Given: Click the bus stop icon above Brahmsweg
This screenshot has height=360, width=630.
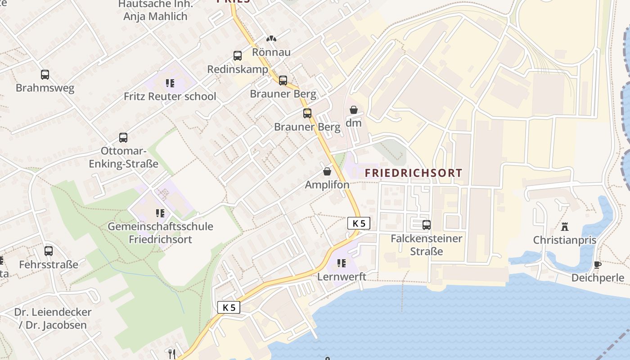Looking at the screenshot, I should tap(45, 75).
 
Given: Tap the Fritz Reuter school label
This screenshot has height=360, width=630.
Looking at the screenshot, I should tap(170, 96).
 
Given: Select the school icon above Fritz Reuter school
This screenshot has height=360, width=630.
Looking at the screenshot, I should tap(170, 83).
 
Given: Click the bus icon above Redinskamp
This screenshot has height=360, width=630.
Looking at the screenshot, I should tap(238, 56).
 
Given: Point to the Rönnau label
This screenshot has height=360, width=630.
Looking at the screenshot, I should tap(271, 52).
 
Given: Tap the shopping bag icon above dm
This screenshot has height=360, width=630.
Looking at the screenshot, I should tap(354, 110).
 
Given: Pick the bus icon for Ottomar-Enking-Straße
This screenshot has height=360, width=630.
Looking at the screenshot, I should tap(123, 138).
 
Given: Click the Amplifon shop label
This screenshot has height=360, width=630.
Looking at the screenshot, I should tap(327, 184).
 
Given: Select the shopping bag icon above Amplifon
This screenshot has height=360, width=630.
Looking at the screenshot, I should tap(327, 171).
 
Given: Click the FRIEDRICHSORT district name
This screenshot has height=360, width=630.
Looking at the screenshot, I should tap(413, 173).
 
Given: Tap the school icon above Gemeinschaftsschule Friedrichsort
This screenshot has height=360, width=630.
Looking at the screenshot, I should tap(160, 213).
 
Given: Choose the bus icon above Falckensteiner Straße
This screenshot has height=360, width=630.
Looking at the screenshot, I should tap(426, 225).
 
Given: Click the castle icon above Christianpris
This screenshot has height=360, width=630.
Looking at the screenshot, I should tap(565, 226).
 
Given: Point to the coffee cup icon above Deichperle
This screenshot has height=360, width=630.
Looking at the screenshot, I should tap(598, 265).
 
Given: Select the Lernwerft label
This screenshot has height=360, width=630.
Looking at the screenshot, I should tap(342, 276).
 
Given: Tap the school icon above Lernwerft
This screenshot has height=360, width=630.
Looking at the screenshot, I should tap(342, 263).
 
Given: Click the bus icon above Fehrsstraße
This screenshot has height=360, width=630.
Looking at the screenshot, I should tap(49, 251).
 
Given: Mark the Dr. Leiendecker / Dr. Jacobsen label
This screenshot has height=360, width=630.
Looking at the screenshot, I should tap(53, 318).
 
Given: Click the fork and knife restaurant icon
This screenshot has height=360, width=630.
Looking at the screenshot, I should tap(171, 354).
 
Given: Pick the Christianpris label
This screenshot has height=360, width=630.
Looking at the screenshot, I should tap(565, 240).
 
